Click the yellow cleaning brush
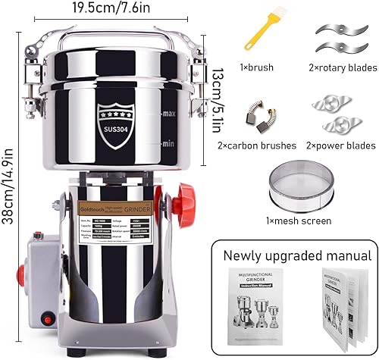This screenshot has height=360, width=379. coord(253,38)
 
